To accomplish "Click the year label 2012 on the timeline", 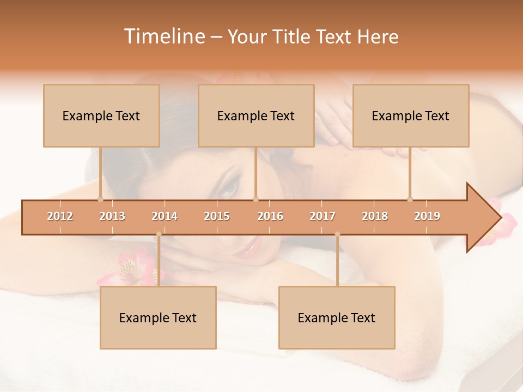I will tap(60, 216).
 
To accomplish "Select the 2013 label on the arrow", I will tap(112, 216).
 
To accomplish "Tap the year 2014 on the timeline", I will tap(165, 216).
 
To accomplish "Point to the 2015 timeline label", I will tap(217, 216).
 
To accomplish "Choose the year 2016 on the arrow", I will tap(270, 216).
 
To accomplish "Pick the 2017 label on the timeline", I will tap(323, 216).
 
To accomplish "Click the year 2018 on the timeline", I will tap(375, 216).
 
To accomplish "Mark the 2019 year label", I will tap(427, 216).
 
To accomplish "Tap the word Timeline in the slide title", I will tap(164, 36).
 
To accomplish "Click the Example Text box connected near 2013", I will tap(101, 115).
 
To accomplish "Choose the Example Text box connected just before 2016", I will tap(256, 115).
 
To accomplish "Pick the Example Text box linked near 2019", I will tap(411, 115).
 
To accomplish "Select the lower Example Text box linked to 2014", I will tap(158, 317).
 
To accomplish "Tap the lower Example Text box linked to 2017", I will tap(337, 317).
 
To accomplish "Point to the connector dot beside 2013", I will tap(100, 199).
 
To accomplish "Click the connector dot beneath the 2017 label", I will tap(337, 235).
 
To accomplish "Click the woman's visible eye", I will tap(229, 188).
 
